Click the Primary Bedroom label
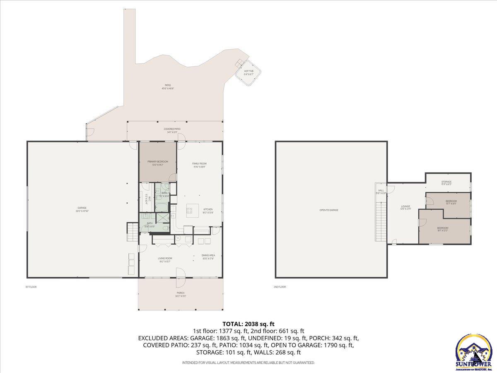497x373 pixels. pos(157,162)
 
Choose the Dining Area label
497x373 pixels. pos(208,257)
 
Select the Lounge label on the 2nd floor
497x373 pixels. pos(405,207)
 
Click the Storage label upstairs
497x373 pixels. pos(446,183)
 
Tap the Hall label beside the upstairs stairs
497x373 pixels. pos(381,191)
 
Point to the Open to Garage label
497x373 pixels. pos(329,210)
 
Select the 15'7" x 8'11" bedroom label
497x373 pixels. pos(451,202)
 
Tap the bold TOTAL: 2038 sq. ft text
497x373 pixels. pos(248,324)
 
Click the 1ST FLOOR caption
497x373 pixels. pos(31,287)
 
